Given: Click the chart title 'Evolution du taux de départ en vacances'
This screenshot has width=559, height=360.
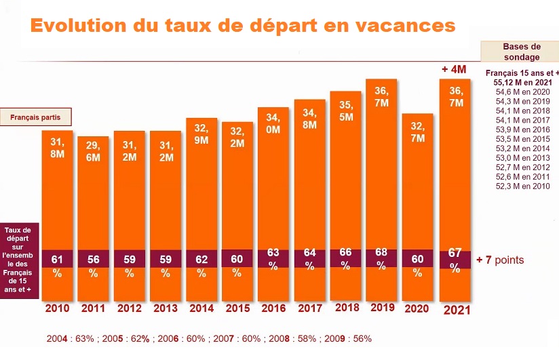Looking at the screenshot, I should (242, 26).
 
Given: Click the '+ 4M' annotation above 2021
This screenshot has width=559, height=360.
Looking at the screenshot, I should (455, 69).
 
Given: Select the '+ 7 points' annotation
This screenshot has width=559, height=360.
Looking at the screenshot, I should (500, 260).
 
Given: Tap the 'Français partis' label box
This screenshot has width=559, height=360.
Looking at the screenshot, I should (35, 117).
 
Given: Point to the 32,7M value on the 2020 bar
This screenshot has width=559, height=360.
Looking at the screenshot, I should (418, 132).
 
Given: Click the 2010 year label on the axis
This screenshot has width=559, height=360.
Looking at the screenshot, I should (57, 308).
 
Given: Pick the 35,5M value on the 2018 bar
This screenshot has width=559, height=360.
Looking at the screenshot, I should (345, 111).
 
